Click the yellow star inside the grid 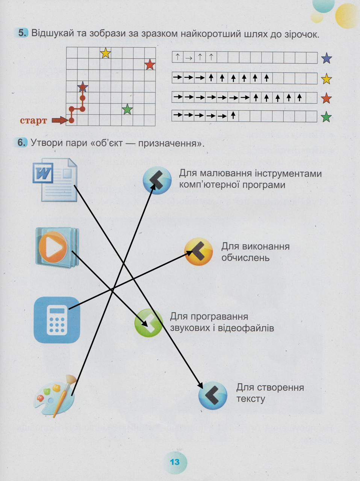pyautogui.click(x=106, y=53)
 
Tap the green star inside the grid pyautogui.click(x=127, y=109)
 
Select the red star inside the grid pyautogui.click(x=150, y=65)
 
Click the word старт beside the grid pyautogui.click(x=33, y=121)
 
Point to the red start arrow pyautogui.click(x=59, y=120)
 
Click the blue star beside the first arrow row pyautogui.click(x=326, y=58)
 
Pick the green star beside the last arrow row pyautogui.click(x=326, y=117)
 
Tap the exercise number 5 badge pyautogui.click(x=23, y=33)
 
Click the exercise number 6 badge pyautogui.click(x=22, y=142)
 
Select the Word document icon pyautogui.click(x=55, y=180)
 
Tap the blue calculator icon pyautogui.click(x=57, y=320)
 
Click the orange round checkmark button pyautogui.click(x=198, y=251)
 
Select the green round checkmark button pyautogui.click(x=148, y=322)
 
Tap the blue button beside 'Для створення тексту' pyautogui.click(x=213, y=395)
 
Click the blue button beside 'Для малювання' pyautogui.click(x=157, y=180)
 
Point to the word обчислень pyautogui.click(x=245, y=258)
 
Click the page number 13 pyautogui.click(x=174, y=462)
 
